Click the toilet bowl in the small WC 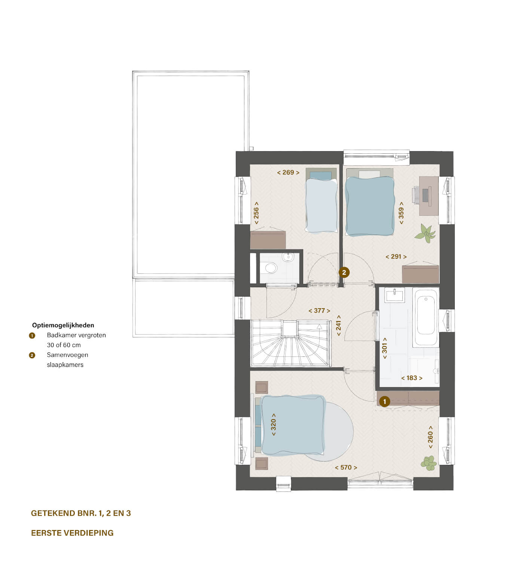[270, 268]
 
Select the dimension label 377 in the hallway [319, 311]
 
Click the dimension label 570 [346, 468]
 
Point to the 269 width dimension [288, 172]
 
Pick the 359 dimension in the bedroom [401, 213]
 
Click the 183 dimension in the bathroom [412, 378]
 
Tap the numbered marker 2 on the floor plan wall [344, 273]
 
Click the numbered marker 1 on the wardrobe [384, 402]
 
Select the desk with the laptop [428, 196]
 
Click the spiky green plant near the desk [425, 233]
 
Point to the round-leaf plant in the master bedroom [429, 463]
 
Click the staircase [291, 343]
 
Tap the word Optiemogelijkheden [63, 325]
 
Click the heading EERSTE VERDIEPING [72, 533]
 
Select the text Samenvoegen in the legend [68, 355]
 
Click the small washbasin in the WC [288, 257]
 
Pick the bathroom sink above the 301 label [395, 295]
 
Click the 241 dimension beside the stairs [338, 325]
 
